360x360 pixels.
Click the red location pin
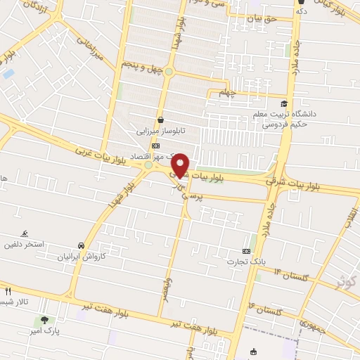(x=181, y=165)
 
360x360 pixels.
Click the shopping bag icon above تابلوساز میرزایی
(x=162, y=120)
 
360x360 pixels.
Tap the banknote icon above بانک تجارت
(x=246, y=251)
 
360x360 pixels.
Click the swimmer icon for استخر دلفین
(x=25, y=233)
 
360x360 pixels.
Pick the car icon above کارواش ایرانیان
(x=82, y=245)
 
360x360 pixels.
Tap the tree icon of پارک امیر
(x=44, y=320)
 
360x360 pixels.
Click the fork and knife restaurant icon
(x=8, y=290)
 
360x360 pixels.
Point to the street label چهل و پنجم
(x=141, y=67)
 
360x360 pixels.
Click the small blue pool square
(x=8, y=73)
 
